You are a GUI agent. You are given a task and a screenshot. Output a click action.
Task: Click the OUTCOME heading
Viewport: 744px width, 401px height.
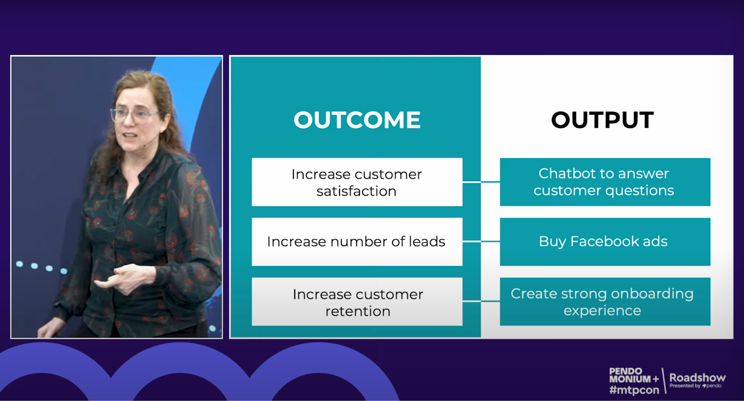point(357,120)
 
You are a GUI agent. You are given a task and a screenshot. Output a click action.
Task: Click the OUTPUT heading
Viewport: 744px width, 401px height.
point(603,120)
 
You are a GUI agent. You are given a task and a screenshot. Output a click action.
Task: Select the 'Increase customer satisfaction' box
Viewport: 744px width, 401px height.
point(357,182)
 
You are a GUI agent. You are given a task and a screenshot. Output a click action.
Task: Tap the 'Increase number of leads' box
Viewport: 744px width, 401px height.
point(357,242)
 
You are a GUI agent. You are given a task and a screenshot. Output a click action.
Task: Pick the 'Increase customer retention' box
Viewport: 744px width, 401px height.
point(357,301)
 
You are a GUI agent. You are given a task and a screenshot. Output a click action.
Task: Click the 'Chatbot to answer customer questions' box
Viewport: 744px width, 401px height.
point(605,182)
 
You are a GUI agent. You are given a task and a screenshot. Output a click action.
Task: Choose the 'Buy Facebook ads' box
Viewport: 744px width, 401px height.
point(605,242)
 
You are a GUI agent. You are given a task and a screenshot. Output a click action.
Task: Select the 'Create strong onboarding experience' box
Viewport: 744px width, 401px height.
point(605,301)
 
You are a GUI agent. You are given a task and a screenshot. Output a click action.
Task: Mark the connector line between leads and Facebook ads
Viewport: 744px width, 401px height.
point(481,241)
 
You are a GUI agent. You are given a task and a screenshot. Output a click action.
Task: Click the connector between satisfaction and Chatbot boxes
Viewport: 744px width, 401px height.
point(481,182)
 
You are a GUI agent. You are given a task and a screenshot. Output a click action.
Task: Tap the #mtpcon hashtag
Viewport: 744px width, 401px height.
point(634,390)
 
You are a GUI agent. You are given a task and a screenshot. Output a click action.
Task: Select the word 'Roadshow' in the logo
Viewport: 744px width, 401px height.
point(697,378)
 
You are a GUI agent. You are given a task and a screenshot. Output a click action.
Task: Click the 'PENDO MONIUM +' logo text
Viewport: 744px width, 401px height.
point(634,375)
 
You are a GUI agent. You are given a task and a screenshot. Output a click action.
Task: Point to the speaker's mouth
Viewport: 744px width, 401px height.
point(130,136)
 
